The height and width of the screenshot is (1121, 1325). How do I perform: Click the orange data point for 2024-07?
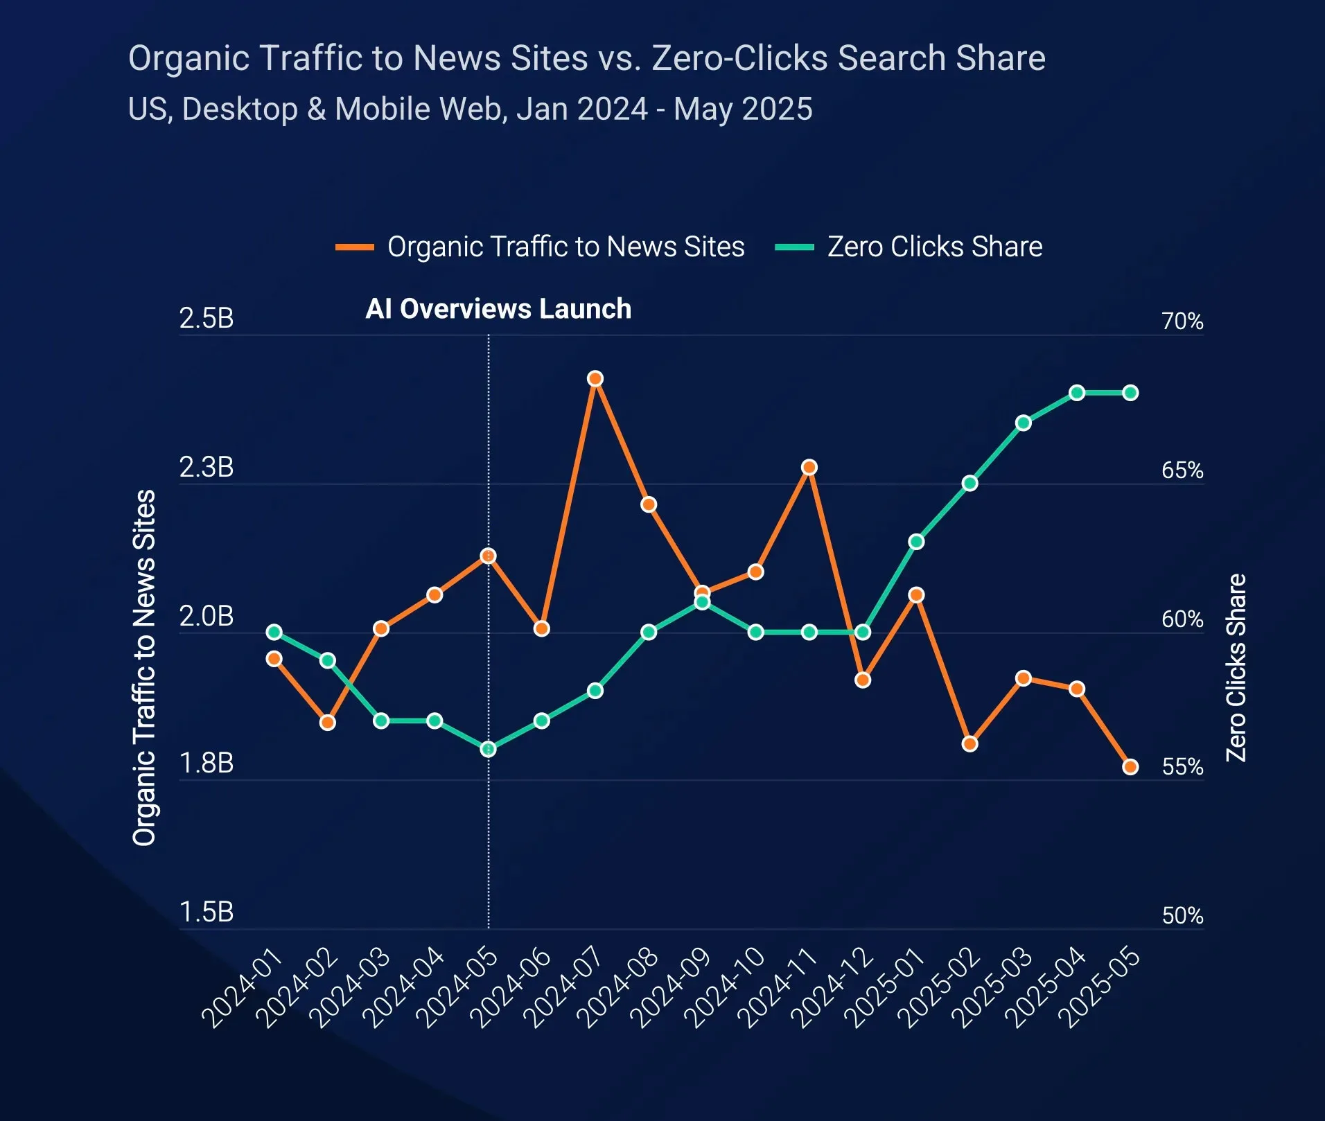coord(595,378)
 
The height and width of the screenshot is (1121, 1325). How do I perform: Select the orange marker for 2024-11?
coord(809,468)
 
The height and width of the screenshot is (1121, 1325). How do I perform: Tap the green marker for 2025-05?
coord(1130,393)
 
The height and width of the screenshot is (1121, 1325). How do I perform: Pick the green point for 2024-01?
coord(274,632)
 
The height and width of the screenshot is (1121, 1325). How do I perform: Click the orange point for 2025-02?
coord(969,743)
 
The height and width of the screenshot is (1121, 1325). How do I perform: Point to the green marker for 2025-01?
coord(916,542)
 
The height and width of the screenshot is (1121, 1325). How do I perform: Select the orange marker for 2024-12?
coord(863,680)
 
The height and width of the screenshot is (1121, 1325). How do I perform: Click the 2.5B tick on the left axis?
coord(207,319)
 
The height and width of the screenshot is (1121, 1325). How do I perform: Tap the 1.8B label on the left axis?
coord(207,763)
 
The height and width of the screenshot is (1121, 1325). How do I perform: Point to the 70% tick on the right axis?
coord(1182,321)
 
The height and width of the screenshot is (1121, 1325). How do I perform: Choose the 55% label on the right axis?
coord(1182,767)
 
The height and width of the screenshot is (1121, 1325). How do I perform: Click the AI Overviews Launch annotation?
coord(498,309)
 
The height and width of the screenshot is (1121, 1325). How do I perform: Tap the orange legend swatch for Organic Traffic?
coord(355,247)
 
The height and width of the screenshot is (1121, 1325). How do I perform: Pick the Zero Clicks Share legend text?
coord(935,247)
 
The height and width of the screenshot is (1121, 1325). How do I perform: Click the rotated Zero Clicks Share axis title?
coord(1236,668)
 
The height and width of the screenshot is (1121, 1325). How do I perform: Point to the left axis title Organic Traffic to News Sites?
coord(144,668)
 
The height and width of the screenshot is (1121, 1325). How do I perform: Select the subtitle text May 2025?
coord(743,109)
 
